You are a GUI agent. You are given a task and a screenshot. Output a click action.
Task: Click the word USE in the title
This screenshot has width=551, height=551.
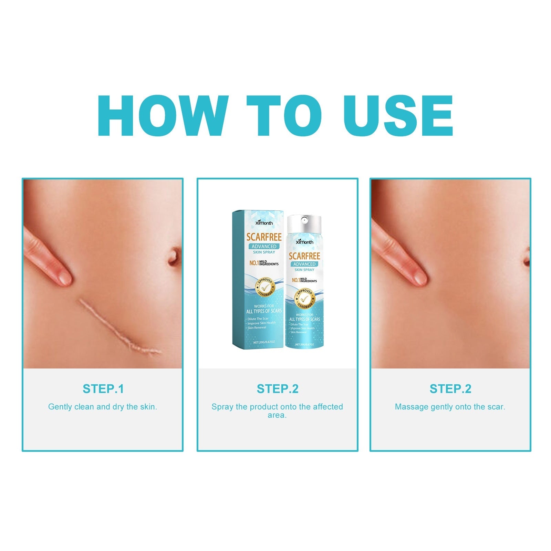tap(398, 116)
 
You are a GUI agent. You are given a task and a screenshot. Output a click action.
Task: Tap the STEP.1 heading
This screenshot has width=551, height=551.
tap(103, 389)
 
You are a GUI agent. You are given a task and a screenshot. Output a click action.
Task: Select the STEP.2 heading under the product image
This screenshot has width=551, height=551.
tap(278, 389)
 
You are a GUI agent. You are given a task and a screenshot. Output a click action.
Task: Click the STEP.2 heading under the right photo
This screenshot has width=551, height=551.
tap(450, 389)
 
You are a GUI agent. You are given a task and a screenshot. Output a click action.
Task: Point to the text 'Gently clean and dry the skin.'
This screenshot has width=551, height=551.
tap(103, 407)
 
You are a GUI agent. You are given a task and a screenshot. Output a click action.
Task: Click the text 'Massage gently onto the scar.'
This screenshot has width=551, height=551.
tap(450, 407)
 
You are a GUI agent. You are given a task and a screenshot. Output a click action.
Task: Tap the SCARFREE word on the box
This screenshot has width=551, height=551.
tap(264, 237)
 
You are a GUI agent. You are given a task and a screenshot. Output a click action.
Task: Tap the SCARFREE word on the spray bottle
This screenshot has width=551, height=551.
tap(304, 256)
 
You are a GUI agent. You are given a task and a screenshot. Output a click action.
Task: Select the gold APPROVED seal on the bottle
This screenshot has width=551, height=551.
tap(304, 299)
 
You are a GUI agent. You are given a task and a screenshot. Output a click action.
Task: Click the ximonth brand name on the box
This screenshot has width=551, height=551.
tap(264, 223)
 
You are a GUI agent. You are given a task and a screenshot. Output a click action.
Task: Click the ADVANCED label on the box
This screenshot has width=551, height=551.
tap(264, 246)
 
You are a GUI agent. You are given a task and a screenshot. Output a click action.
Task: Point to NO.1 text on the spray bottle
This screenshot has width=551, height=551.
tap(295, 280)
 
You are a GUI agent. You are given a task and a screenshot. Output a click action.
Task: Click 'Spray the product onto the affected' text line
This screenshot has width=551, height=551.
tap(277, 407)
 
